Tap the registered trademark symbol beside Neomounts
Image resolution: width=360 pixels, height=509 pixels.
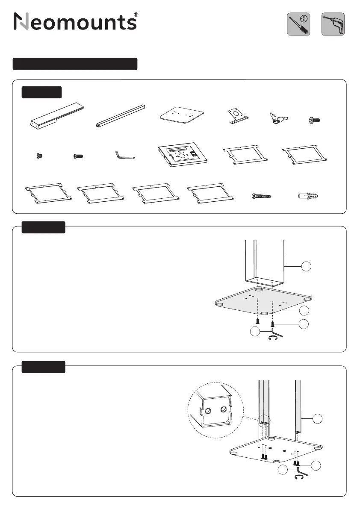pos(136,15)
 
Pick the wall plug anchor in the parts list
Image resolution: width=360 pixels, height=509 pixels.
pos(307,196)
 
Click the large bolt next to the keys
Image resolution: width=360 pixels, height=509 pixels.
pos(314,121)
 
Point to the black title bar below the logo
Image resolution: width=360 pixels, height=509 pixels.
pos(75,64)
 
